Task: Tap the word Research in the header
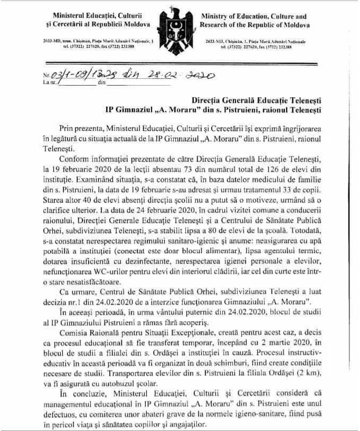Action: [217, 25]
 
